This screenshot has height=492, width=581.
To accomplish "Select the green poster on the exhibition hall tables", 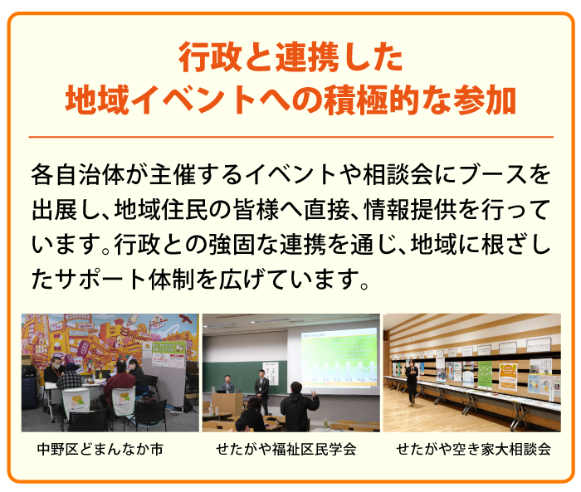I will pyautogui.click(x=485, y=373).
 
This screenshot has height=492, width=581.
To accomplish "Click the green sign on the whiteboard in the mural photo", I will pyautogui.click(x=164, y=348).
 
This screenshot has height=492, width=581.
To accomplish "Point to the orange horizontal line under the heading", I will pyautogui.click(x=290, y=136).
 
